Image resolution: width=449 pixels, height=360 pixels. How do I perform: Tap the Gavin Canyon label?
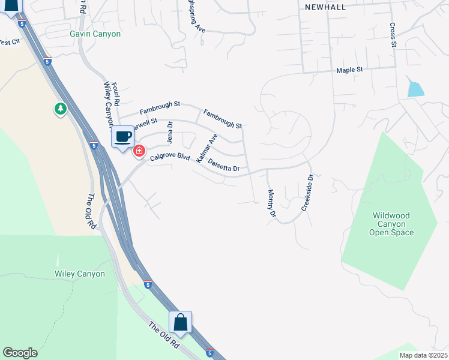(95, 34)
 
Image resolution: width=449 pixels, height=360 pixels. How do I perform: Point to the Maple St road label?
(350, 70)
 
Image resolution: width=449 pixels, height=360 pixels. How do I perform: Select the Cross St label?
(393, 35)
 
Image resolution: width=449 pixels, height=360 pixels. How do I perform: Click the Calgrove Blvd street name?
(170, 157)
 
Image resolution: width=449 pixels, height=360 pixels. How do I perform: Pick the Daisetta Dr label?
(223, 166)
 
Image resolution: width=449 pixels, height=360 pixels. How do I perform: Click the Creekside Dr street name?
(307, 193)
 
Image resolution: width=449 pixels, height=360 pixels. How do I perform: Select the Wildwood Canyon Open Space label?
(391, 224)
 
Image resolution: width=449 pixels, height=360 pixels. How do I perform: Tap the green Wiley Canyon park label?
(80, 274)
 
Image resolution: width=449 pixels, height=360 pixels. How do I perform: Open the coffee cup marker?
(123, 137)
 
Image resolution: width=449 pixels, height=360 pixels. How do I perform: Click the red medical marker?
(139, 151)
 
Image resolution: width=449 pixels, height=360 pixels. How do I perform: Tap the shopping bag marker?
(180, 323)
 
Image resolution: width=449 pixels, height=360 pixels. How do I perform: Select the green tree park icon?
(60, 109)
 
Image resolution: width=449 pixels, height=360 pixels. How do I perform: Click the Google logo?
(20, 353)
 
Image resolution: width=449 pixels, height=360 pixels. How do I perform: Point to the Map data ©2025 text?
(423, 355)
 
